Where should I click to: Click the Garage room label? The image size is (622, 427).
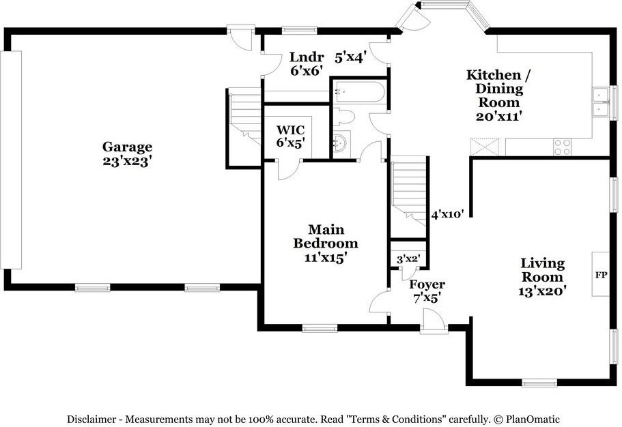127,154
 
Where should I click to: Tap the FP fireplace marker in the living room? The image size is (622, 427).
602,275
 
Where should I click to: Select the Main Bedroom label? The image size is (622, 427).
326,244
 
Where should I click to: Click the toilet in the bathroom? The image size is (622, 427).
344,117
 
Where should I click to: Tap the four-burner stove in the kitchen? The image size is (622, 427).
562,145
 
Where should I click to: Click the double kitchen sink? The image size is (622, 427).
601,102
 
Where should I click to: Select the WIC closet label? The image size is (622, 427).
290,136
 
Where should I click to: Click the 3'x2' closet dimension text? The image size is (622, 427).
408,259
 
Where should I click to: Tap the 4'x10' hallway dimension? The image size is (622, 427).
448,215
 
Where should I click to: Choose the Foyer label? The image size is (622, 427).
427,291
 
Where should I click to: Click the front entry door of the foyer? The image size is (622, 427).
432,321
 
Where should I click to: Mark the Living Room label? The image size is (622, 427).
543,276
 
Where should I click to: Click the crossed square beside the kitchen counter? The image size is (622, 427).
485,146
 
